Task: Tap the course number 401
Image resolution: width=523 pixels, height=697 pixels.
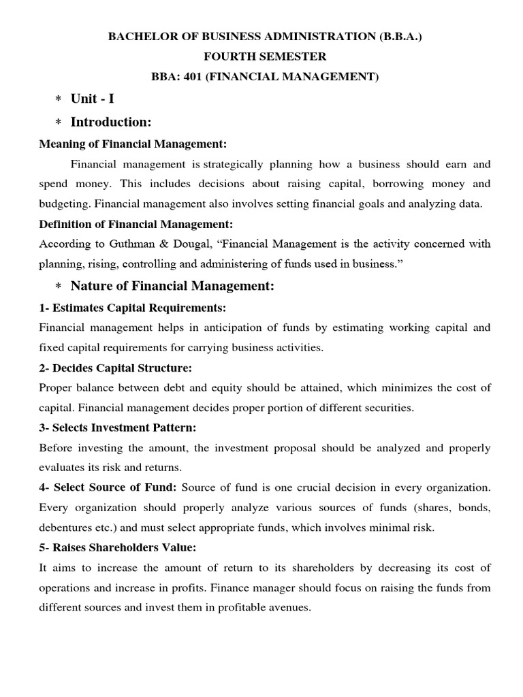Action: click(190, 76)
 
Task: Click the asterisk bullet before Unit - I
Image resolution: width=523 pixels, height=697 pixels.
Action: click(58, 99)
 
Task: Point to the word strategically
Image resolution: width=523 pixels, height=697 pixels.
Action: click(241, 164)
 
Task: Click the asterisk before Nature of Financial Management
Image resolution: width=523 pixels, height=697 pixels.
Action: click(58, 287)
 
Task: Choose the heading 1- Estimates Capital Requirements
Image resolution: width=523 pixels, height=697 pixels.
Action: click(128, 308)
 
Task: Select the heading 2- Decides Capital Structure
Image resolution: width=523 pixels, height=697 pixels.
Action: click(116, 368)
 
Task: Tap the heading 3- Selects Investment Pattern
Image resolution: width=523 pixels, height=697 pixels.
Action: click(118, 427)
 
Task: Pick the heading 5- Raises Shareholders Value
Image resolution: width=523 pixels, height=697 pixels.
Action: click(118, 547)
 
